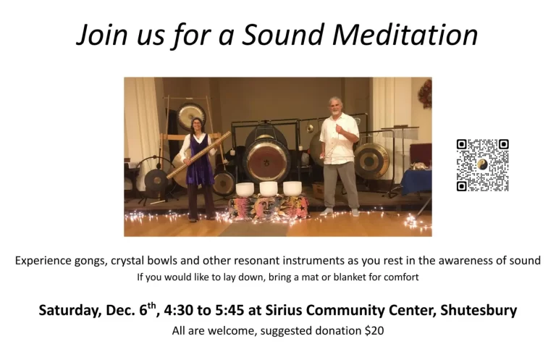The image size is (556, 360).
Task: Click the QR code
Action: (482, 165)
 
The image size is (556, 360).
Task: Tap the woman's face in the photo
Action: (197, 125)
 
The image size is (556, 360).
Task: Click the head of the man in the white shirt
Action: (336, 105)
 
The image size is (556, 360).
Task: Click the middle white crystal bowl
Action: (268, 188)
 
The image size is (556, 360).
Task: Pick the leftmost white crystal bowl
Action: (245, 188)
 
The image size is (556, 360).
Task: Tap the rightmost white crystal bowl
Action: (292, 188)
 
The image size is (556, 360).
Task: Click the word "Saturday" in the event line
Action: (69, 310)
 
